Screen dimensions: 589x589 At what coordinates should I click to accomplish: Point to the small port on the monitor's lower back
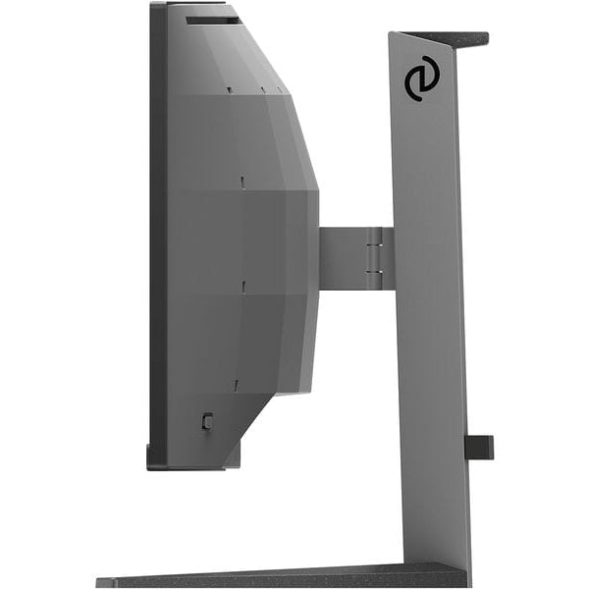point(205,420)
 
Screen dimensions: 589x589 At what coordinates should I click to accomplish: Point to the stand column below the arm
point(432,412)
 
